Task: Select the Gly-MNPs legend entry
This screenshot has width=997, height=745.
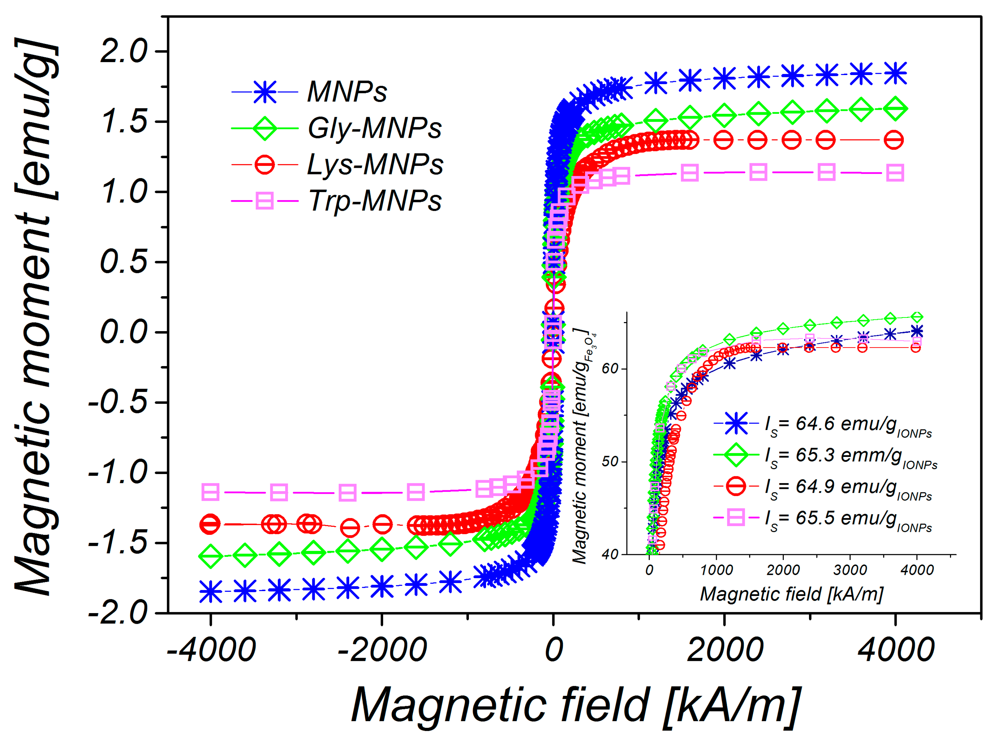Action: [x=374, y=128]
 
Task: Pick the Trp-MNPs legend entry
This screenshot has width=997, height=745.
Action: [x=374, y=200]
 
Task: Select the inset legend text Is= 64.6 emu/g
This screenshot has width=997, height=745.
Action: [x=847, y=425]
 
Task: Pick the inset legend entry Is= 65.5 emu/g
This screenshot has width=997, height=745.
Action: [x=847, y=519]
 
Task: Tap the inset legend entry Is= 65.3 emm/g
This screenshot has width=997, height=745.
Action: [x=850, y=456]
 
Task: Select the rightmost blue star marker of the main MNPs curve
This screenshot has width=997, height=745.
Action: [x=895, y=73]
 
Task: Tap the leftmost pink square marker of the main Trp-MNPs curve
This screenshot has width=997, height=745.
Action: [x=210, y=492]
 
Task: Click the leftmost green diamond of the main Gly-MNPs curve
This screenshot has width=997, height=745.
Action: [x=210, y=556]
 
